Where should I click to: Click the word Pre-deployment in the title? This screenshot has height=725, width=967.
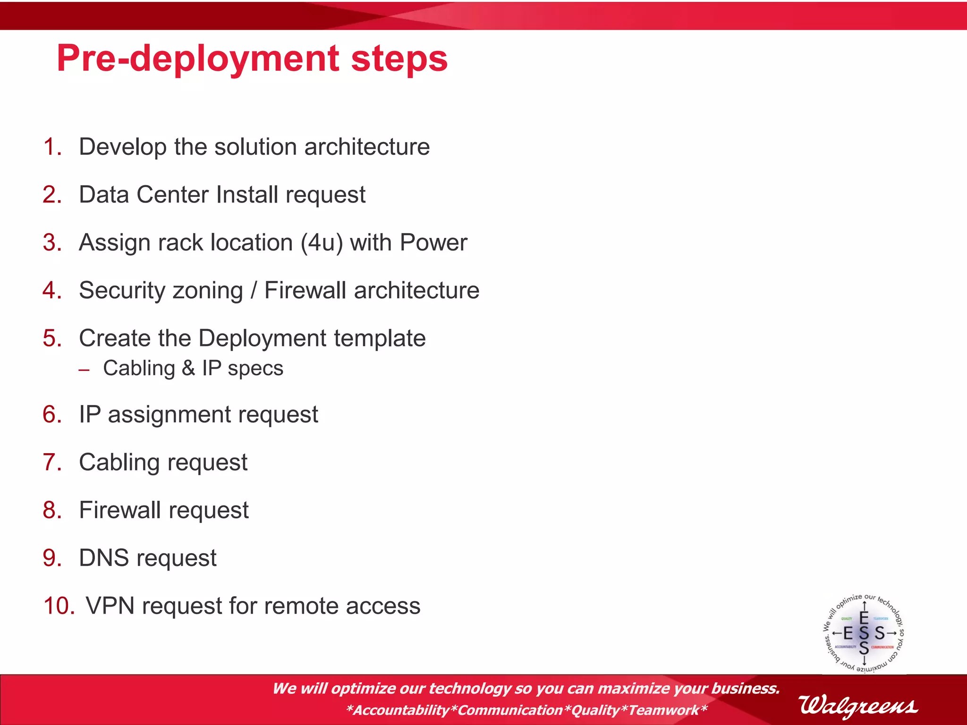point(197,59)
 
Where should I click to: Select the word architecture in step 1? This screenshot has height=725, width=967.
point(367,147)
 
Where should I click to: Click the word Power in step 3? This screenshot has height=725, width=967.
point(433,243)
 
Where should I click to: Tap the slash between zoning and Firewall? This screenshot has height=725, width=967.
point(254,290)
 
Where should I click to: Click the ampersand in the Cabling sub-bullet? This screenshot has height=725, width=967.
point(188,368)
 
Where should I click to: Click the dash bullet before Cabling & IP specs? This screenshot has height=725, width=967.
point(85,370)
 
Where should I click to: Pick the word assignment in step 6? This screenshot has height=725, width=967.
point(169,415)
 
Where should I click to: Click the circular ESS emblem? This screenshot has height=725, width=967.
point(864,633)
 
